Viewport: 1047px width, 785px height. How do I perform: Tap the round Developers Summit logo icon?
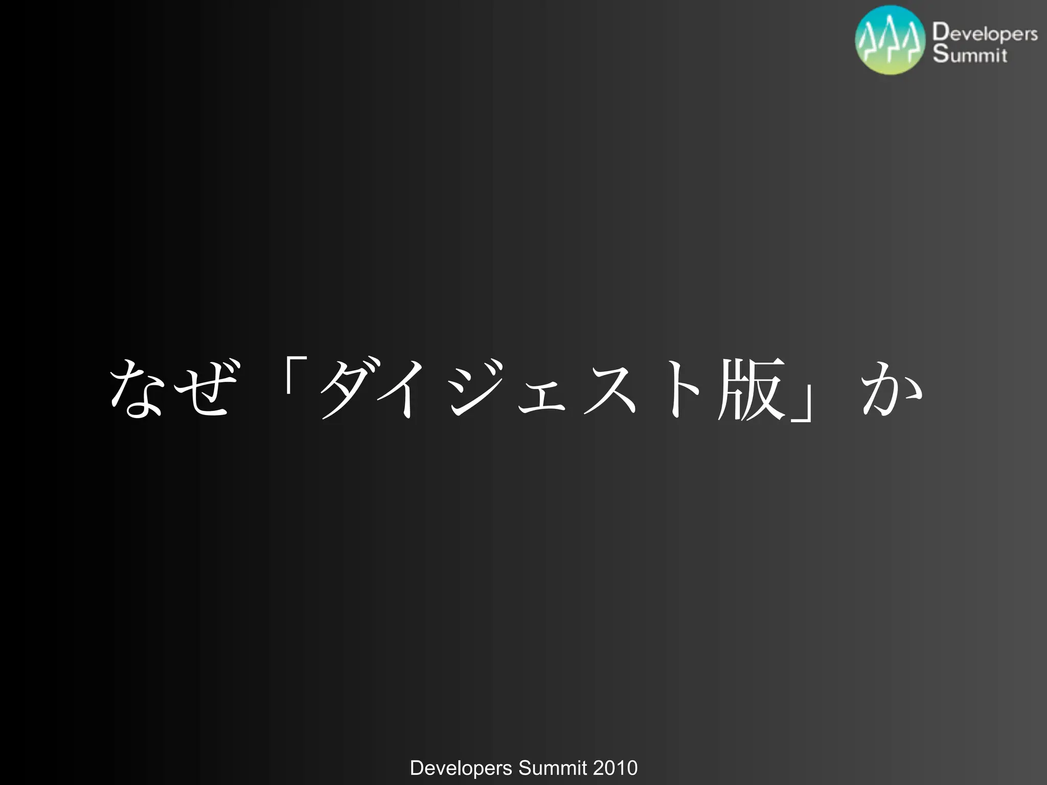click(x=890, y=40)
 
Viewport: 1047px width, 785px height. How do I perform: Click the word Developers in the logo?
click(x=985, y=33)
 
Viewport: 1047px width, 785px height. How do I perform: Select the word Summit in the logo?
click(x=970, y=54)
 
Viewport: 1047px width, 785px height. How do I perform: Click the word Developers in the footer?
click(x=461, y=768)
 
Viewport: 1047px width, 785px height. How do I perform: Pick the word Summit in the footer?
click(x=553, y=768)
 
